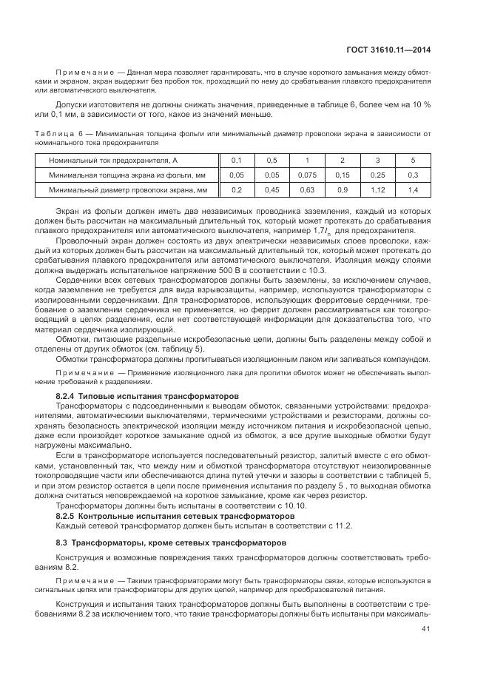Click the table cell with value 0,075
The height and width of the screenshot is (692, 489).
point(306,175)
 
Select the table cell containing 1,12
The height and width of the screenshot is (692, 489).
point(377,190)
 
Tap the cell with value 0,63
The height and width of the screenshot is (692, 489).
point(306,190)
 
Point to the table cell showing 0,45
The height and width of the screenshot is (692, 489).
point(272,190)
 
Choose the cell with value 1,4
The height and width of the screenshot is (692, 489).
point(413,190)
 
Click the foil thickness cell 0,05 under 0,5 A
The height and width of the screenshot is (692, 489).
point(272,175)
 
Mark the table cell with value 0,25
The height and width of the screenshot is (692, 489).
point(377,175)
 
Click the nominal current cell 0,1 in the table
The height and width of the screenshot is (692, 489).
point(237,160)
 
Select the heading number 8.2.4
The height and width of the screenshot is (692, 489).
point(68,397)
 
